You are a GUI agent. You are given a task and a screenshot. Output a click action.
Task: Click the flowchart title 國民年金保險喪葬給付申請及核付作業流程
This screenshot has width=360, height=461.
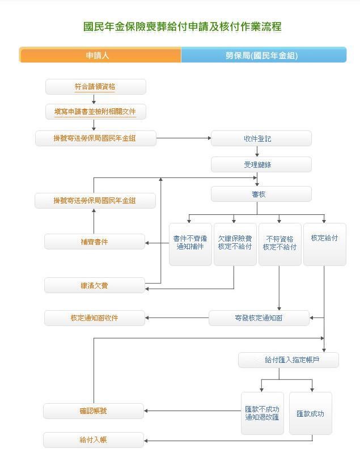pos(182,27)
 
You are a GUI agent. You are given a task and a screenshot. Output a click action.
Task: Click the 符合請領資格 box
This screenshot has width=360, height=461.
pos(95,87)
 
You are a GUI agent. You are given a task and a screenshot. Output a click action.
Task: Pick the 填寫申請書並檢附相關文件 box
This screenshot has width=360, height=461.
pos(95,112)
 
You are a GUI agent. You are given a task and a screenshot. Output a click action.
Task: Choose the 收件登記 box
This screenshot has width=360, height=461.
pos(261,138)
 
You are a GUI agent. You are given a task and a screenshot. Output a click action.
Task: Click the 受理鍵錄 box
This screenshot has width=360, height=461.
pos(261,164)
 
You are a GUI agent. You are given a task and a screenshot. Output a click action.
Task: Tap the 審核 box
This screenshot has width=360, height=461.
pos(261,194)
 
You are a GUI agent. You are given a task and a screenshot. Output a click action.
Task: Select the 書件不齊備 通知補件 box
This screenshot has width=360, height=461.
pos(190,244)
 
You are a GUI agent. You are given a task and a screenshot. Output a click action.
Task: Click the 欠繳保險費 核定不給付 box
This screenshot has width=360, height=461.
pos(235,244)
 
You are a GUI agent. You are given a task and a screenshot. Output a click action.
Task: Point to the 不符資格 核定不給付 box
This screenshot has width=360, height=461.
pos(279,244)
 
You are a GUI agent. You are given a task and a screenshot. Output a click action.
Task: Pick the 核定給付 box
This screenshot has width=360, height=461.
pos(324,244)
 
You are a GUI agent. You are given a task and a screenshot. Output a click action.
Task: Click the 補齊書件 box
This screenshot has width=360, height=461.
pos(95,242)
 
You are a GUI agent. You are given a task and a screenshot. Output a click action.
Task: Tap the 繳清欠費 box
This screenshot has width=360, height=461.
pos(95,285)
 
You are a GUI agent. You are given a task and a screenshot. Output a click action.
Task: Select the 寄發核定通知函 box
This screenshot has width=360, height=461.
pos(259,318)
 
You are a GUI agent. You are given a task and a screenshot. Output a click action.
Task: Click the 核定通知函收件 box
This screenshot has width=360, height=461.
pos(95,318)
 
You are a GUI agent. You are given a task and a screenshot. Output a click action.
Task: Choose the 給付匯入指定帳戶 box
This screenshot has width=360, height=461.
pos(288,360)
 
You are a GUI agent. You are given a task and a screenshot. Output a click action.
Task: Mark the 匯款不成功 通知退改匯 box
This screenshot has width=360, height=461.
pos(262,413)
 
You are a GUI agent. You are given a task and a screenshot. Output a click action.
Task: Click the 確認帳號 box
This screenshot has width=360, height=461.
pos(94,411)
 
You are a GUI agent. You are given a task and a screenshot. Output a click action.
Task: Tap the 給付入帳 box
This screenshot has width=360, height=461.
pos(94,440)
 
